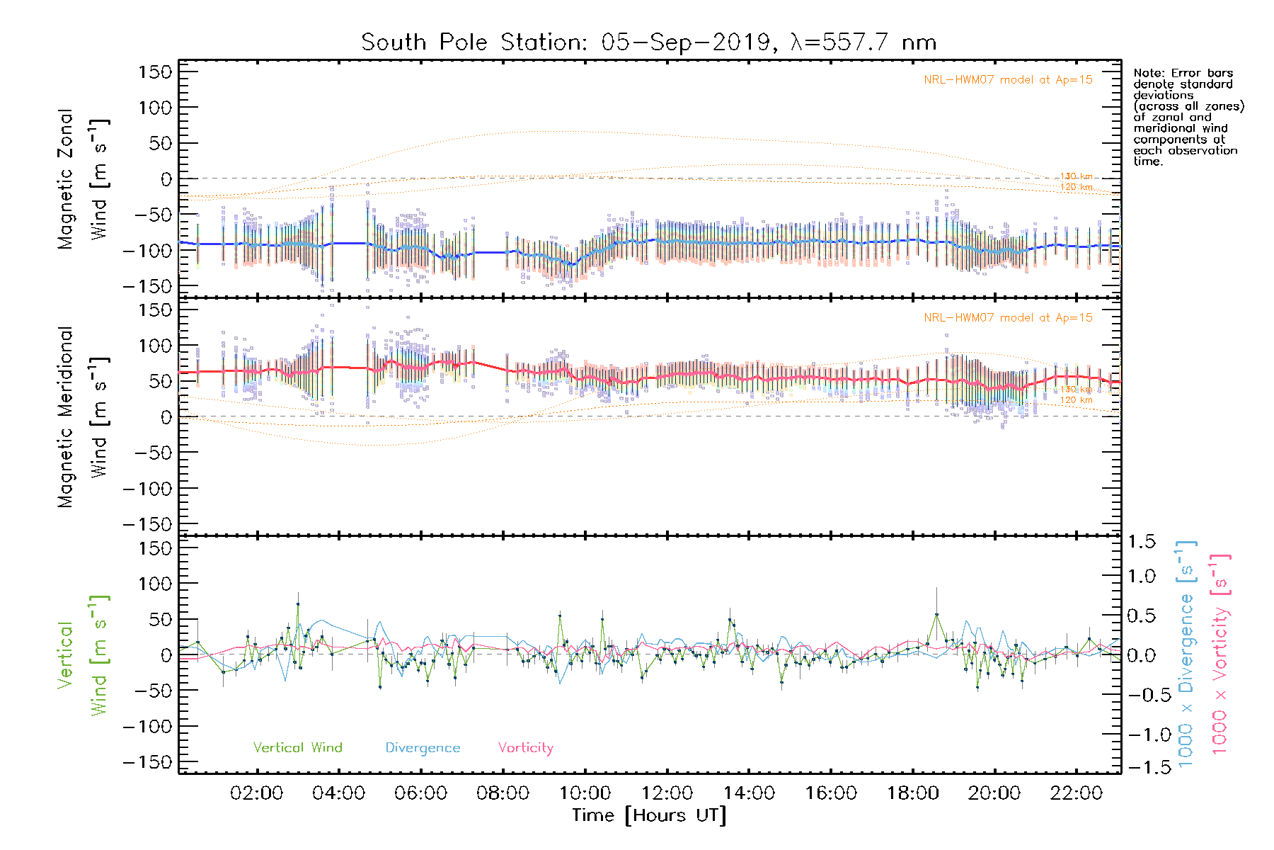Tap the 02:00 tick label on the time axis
[256, 793]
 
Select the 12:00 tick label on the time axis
[667, 793]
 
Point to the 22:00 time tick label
[1076, 793]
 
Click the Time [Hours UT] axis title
[649, 815]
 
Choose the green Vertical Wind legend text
[297, 748]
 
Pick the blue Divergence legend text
[423, 748]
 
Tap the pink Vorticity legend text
[525, 748]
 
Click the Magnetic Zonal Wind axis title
[82, 179]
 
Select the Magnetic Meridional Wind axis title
[82, 417]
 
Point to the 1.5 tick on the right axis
[1141, 542]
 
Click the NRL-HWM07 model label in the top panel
[1008, 80]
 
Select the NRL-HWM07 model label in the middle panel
[1008, 318]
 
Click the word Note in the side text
[1147, 73]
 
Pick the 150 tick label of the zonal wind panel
[155, 72]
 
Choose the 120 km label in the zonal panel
[1076, 187]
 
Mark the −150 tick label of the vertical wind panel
[147, 762]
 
